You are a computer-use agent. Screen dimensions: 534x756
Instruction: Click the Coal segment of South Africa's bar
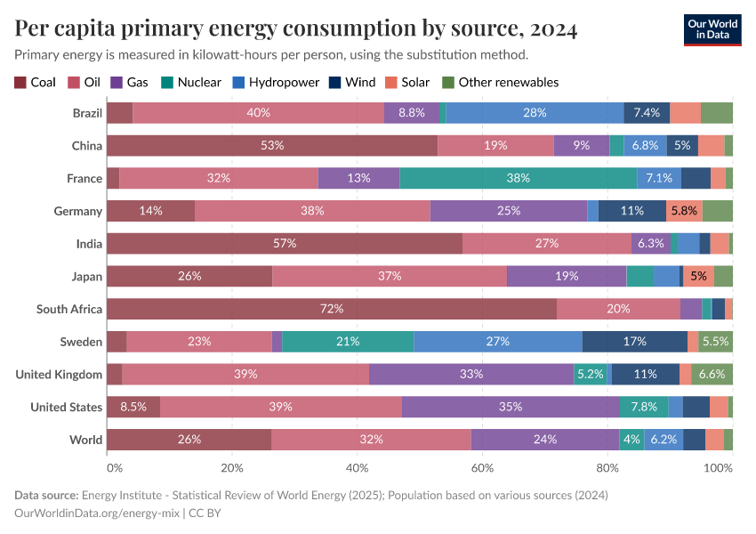(x=332, y=309)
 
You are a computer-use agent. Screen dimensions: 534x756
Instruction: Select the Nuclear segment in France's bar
(x=519, y=178)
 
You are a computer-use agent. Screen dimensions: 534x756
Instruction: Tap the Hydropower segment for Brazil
(x=535, y=113)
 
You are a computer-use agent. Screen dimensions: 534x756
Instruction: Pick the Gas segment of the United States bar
(x=511, y=407)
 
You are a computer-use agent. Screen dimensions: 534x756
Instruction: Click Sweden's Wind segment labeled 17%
(x=635, y=342)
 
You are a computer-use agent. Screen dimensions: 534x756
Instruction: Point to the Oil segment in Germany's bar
(x=312, y=211)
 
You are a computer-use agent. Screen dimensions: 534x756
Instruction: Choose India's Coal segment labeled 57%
(x=285, y=244)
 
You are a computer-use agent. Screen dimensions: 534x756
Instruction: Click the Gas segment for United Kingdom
(x=471, y=375)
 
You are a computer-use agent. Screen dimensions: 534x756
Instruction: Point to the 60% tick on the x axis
(x=482, y=466)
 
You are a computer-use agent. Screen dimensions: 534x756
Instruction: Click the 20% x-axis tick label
(x=231, y=466)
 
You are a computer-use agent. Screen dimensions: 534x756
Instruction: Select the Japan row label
(x=87, y=277)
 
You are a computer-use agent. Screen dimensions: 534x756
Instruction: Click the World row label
(x=86, y=440)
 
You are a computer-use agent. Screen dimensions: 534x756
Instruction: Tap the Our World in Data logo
(x=712, y=29)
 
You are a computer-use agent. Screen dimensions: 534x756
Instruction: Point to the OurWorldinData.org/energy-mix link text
(x=101, y=514)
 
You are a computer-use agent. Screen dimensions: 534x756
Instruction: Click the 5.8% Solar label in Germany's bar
(x=684, y=211)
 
